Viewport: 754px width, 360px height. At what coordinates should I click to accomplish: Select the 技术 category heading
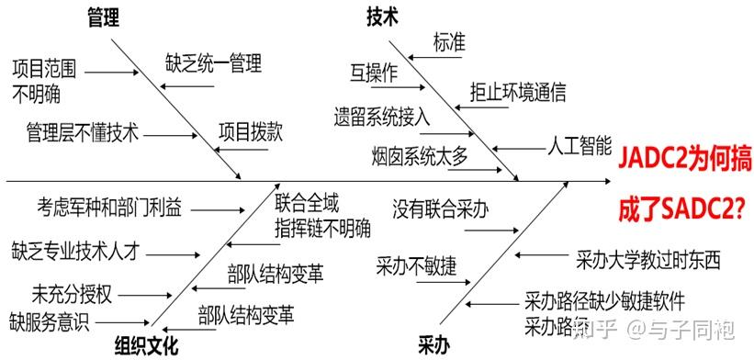382,16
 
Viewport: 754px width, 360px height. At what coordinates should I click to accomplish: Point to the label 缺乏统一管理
214,63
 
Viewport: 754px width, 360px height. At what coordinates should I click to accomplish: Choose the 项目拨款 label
250,132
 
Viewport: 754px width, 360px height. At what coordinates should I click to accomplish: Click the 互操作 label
374,73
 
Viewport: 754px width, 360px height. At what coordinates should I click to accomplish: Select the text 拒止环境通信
518,92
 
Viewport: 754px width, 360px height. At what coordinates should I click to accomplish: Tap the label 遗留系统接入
382,116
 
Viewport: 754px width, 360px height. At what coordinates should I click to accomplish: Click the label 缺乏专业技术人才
81,249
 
